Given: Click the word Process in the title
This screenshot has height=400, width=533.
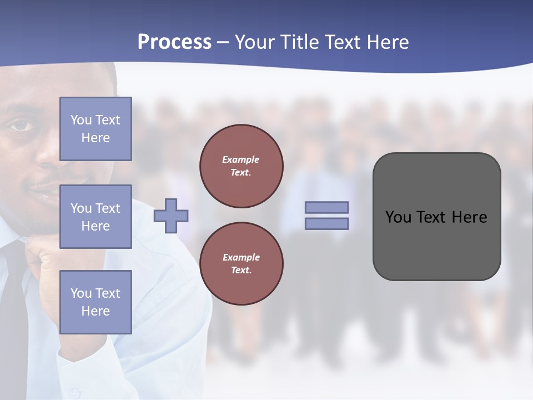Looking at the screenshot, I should pyautogui.click(x=174, y=42).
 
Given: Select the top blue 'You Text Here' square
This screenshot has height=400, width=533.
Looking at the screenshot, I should pyautogui.click(x=95, y=129).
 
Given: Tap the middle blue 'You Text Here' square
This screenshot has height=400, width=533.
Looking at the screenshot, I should pyautogui.click(x=95, y=217).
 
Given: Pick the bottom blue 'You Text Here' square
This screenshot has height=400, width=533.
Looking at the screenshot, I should pyautogui.click(x=95, y=302).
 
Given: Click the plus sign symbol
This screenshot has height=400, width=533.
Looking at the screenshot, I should pyautogui.click(x=171, y=215).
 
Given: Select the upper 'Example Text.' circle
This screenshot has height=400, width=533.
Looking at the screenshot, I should pyautogui.click(x=242, y=166).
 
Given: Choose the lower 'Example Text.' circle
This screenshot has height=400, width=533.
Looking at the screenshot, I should pyautogui.click(x=242, y=264).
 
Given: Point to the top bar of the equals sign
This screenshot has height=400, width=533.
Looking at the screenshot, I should pyautogui.click(x=327, y=207).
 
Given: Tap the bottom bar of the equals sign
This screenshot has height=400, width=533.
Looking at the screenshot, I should pyautogui.click(x=327, y=223).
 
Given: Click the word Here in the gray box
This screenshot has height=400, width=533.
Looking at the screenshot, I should pyautogui.click(x=469, y=217).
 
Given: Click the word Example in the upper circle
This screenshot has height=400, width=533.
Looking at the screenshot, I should pyautogui.click(x=241, y=159).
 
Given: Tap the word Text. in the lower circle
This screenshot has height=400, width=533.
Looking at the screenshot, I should pyautogui.click(x=242, y=270).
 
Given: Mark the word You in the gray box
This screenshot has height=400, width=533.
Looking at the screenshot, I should pyautogui.click(x=398, y=217).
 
